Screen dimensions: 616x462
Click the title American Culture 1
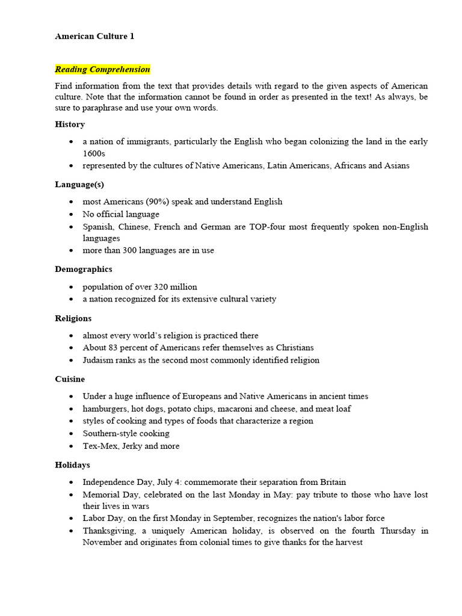(94, 36)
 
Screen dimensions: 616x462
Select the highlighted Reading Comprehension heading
(102, 69)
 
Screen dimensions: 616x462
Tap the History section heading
(70, 124)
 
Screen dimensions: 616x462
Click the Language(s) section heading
(79, 184)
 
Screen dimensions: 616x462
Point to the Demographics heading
(83, 269)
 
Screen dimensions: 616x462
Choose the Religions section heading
(73, 318)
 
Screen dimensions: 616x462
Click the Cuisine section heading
(70, 379)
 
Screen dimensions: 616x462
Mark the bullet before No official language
(71, 214)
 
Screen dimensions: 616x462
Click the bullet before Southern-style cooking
(71, 433)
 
